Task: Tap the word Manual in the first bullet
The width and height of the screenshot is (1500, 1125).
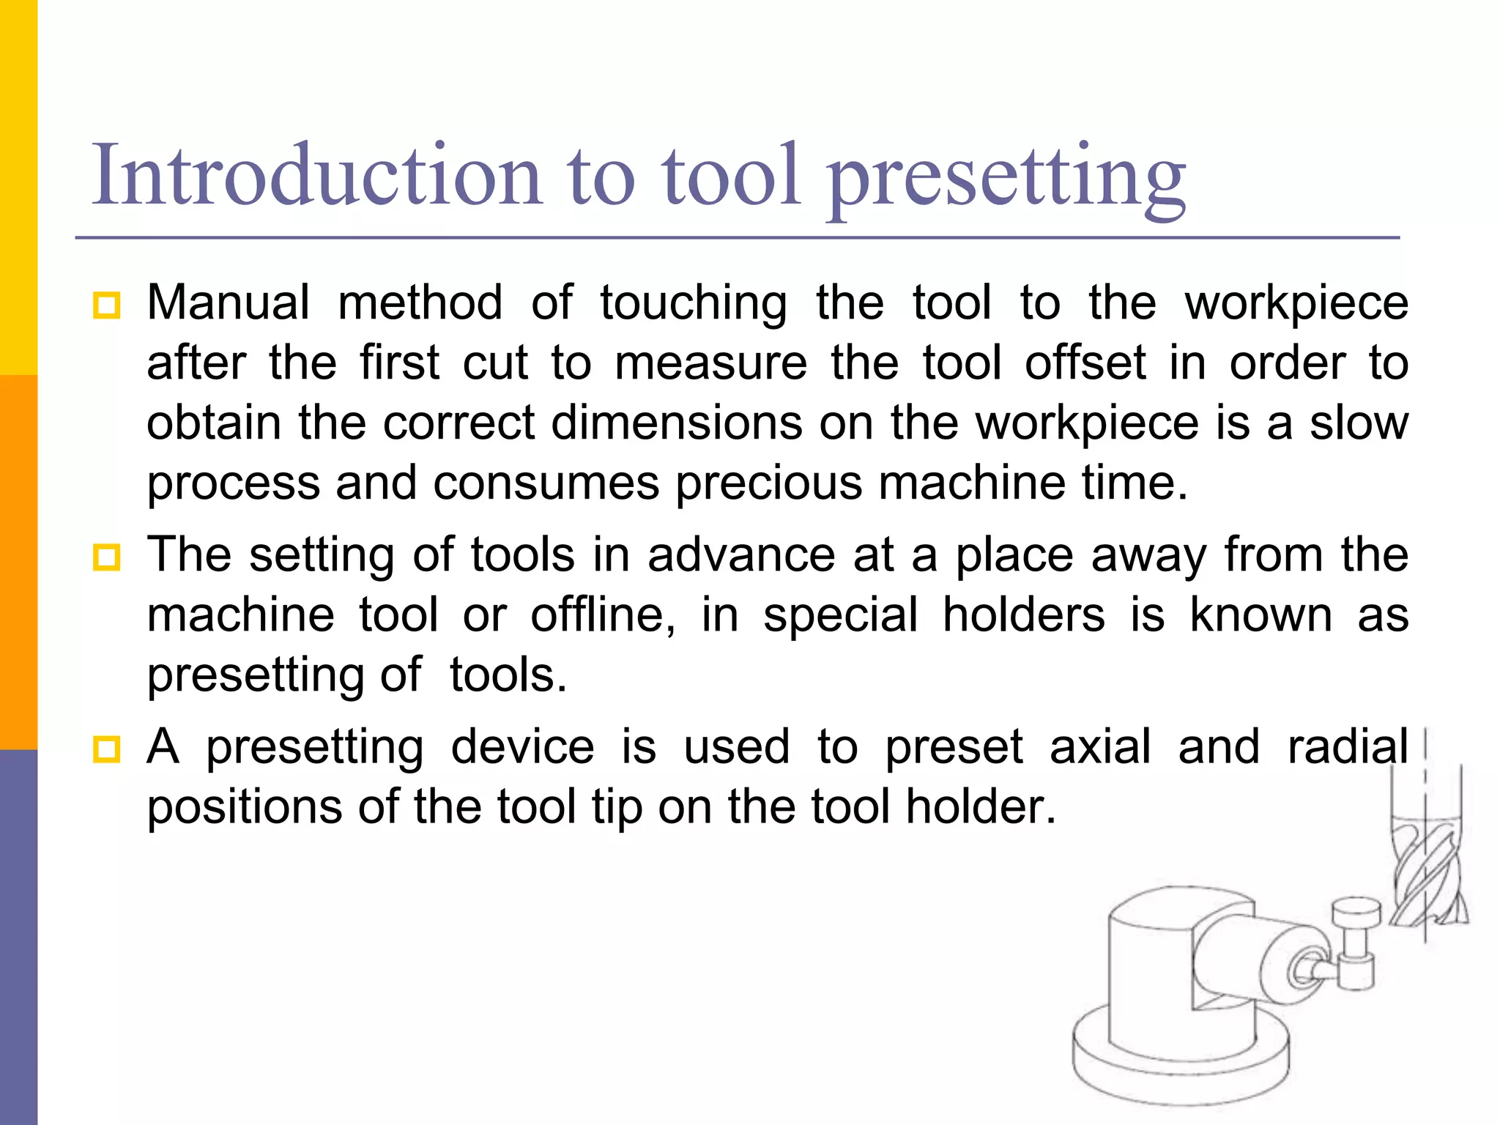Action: (x=229, y=302)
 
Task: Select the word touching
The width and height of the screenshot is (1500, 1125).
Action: (x=694, y=304)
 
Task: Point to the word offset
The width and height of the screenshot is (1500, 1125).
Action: (x=1085, y=363)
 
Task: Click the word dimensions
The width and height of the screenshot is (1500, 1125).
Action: (x=676, y=423)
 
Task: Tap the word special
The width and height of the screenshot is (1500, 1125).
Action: (x=840, y=616)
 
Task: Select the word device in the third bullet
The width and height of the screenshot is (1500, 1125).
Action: (x=522, y=748)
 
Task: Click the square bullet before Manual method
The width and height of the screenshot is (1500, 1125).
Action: (x=107, y=305)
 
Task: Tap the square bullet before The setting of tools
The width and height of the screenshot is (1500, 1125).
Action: (x=107, y=558)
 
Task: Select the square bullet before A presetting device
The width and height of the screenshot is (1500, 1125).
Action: (x=107, y=750)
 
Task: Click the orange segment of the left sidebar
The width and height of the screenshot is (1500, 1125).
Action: (x=18, y=562)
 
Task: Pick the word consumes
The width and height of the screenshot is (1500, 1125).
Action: (x=546, y=484)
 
